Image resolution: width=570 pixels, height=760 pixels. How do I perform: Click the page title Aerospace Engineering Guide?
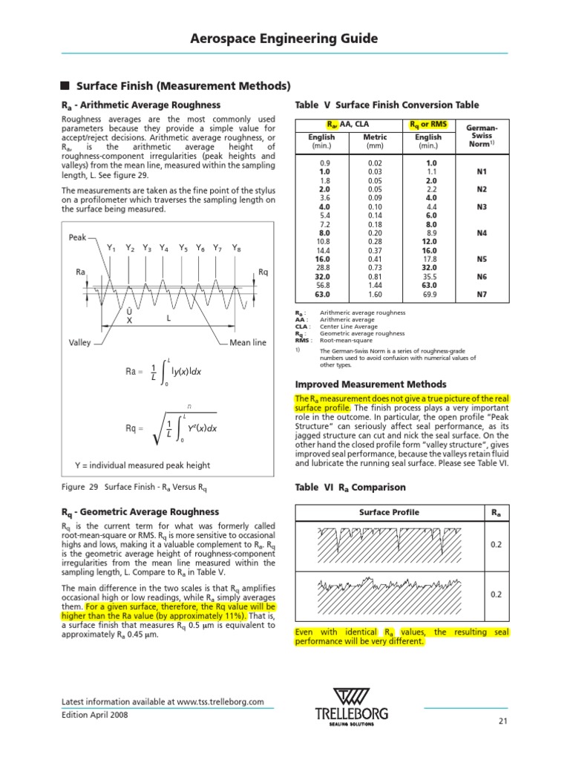(285, 39)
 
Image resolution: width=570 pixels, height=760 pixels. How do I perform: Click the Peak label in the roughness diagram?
(78, 237)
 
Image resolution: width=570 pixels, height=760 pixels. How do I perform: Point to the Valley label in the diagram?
(80, 343)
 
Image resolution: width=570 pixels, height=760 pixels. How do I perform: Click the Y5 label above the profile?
(183, 248)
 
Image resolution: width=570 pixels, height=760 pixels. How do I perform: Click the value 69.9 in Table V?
(428, 295)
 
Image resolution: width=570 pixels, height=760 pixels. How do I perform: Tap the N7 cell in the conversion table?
(482, 295)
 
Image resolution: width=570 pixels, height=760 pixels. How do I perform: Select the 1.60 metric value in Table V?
(375, 295)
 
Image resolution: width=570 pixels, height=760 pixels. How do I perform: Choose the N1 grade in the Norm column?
(482, 170)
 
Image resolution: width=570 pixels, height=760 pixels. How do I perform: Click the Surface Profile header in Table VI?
(389, 512)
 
